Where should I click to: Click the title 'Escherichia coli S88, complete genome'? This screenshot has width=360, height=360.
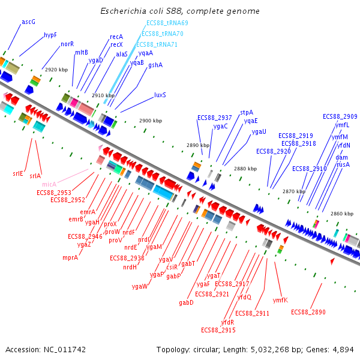(x=179, y=11)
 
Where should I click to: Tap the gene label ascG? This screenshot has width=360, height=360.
(x=28, y=22)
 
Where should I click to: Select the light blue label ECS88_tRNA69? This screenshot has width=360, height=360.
(x=167, y=23)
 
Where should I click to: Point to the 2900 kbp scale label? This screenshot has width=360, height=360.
(x=151, y=121)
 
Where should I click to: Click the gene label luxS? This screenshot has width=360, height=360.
(x=160, y=95)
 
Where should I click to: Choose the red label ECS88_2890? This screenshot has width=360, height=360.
(x=308, y=312)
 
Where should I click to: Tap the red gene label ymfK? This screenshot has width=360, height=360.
(x=280, y=300)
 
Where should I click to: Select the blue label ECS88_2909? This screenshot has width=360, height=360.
(x=340, y=116)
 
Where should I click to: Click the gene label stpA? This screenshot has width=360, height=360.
(x=247, y=112)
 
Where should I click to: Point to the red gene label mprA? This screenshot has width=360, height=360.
(x=70, y=257)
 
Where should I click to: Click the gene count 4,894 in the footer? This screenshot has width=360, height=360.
(x=343, y=349)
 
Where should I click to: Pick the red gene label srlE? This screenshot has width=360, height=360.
(x=18, y=173)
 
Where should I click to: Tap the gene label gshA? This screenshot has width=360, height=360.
(x=155, y=65)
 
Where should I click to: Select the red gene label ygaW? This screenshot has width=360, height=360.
(x=139, y=286)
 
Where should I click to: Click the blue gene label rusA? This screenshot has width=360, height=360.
(x=343, y=164)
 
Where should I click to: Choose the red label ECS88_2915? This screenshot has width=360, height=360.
(x=218, y=330)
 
